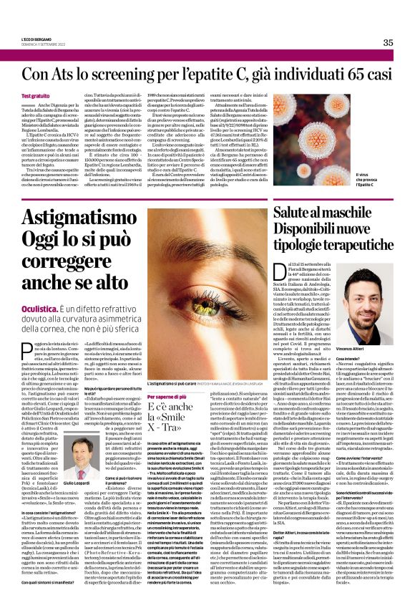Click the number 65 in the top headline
pyautogui.click(x=367, y=74)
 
